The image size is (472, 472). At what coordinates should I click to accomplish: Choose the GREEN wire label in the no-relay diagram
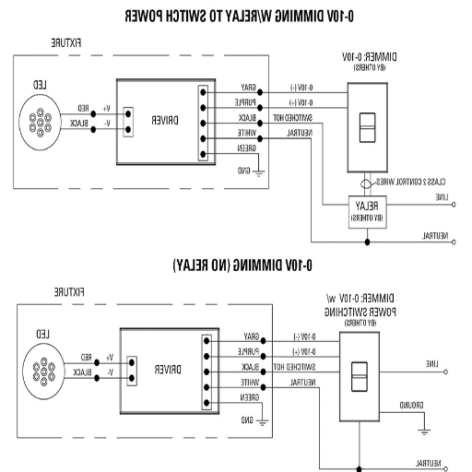[247, 397]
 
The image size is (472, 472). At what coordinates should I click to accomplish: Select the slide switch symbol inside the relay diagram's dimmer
[366, 127]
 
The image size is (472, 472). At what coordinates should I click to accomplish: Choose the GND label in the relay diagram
[244, 171]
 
